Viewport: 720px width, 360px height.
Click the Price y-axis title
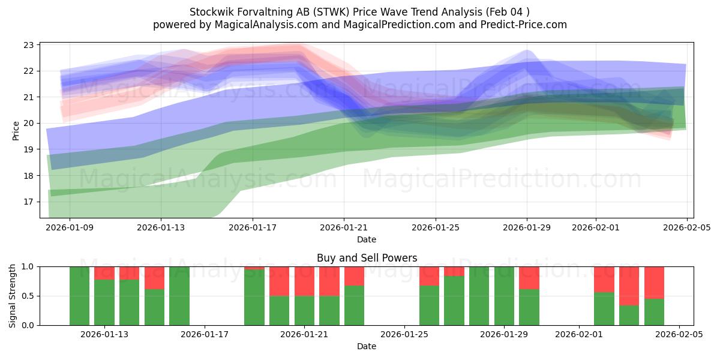coord(16,130)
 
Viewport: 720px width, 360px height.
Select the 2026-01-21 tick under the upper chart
coord(344,227)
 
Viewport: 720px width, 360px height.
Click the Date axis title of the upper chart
coord(367,239)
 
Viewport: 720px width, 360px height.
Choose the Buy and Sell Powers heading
coord(367,259)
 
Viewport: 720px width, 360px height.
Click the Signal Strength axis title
coord(13,296)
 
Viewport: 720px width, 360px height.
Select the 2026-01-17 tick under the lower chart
coord(205,335)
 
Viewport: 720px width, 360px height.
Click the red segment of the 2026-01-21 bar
coord(304,281)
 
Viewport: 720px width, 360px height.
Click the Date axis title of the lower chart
coord(367,346)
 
